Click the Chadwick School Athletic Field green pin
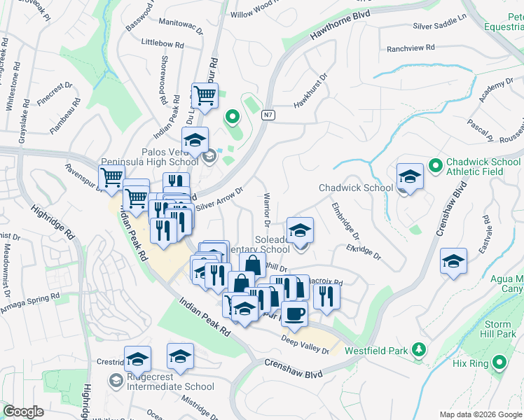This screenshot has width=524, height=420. coord(435,166)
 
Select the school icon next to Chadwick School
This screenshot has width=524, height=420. coord(410,177)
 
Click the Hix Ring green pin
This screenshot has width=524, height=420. coord(499,362)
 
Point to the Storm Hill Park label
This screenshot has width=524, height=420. coord(497,330)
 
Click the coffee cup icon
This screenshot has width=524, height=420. coord(294,314)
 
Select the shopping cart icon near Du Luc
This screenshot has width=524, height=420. coord(205,95)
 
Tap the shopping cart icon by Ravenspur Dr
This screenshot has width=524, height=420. coord(112,178)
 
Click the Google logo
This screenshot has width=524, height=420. coord(23,411)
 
